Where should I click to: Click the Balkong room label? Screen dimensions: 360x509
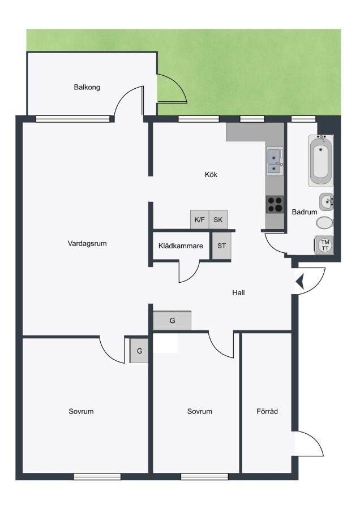point(87,87)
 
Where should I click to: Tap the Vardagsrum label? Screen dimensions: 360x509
point(87,243)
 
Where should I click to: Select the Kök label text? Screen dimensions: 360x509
point(211,175)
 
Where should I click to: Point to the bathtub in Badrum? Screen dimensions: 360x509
point(321,161)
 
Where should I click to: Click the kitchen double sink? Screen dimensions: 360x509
point(275,161)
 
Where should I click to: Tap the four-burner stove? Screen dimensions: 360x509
point(275,205)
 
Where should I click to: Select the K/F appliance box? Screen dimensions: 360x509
point(199,220)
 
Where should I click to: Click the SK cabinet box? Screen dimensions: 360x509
point(218,220)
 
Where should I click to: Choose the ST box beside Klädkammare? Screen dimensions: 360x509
point(221,246)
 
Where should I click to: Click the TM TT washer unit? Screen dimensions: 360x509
point(324,245)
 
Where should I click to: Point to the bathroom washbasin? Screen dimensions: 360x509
point(326,202)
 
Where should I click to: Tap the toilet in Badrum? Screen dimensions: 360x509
point(324,223)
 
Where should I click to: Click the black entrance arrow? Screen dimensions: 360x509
point(299,281)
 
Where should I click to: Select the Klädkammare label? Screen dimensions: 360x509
point(181,246)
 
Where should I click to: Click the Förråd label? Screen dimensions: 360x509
point(267,412)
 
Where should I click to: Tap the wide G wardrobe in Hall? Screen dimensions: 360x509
point(172,321)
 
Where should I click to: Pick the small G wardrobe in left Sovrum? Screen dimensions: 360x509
point(139,351)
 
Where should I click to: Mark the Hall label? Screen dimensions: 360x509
point(238,293)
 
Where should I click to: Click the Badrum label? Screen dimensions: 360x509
point(305,212)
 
